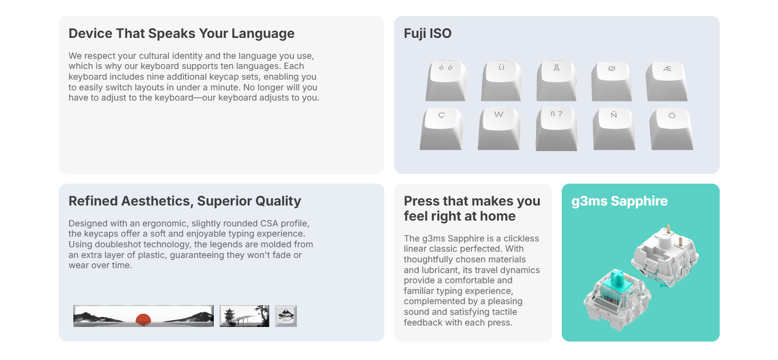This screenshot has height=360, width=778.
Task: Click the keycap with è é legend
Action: point(446,81)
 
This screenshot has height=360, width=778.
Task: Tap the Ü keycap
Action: point(501,81)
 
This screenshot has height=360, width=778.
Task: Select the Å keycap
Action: point(556,81)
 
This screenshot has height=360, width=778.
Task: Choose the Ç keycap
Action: point(442,129)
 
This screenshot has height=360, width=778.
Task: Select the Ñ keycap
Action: point(614,129)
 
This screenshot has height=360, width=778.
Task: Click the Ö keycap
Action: point(672,129)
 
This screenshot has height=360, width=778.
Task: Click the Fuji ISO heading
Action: point(428,34)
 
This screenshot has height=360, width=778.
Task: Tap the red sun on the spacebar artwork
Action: point(143,319)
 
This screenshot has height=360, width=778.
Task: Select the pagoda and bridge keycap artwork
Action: point(244,316)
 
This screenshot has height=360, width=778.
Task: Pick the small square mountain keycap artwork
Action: point(286,316)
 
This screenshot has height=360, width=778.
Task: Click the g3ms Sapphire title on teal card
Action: point(619,201)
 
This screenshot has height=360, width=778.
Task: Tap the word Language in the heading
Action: point(263,34)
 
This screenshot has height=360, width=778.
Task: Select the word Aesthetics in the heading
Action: point(157,201)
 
